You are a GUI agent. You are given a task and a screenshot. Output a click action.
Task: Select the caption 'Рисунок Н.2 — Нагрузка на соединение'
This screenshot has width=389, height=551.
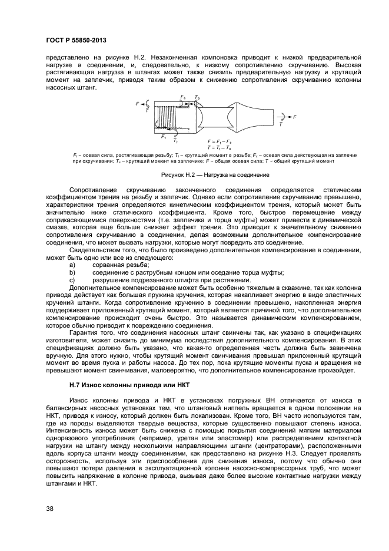(x=215, y=175)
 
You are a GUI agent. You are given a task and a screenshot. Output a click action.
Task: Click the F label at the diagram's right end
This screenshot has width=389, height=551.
(x=295, y=117)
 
